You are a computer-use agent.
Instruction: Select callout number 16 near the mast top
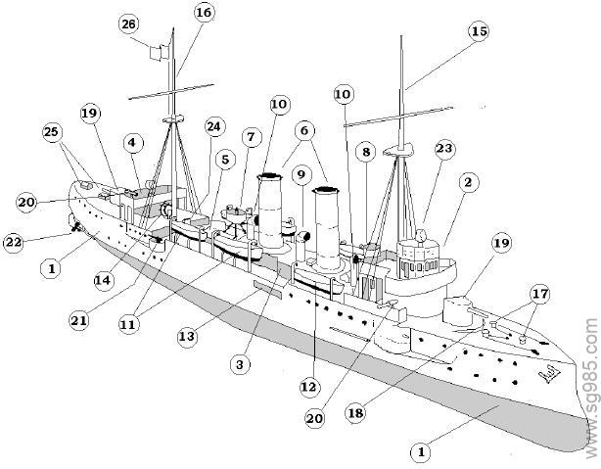[x=204, y=12]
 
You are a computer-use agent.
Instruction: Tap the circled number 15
[x=478, y=31]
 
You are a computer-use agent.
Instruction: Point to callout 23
[x=444, y=149]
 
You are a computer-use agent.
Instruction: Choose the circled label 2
[x=469, y=182]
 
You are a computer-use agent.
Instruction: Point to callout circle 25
[x=54, y=132]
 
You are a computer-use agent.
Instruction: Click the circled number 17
[x=538, y=293]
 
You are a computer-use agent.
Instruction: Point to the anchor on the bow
[x=545, y=375]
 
